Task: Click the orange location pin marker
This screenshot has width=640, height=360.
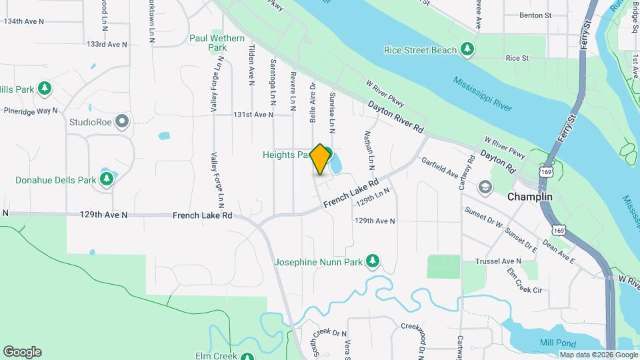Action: click(320, 159)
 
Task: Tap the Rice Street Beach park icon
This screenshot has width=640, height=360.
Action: click(468, 49)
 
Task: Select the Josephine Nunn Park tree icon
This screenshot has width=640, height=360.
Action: click(374, 261)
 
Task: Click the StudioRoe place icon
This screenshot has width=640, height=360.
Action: click(121, 121)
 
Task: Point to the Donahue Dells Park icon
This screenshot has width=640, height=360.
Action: click(107, 179)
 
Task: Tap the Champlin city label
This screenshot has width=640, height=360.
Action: click(530, 197)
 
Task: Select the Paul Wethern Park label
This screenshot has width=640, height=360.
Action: click(217, 43)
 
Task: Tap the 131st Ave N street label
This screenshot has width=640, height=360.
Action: click(253, 115)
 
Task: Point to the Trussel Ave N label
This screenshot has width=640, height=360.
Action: click(497, 261)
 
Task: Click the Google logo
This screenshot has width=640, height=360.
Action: click(22, 352)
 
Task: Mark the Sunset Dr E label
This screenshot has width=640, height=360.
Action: click(521, 239)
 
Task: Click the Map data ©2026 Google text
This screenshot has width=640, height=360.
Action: click(598, 355)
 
